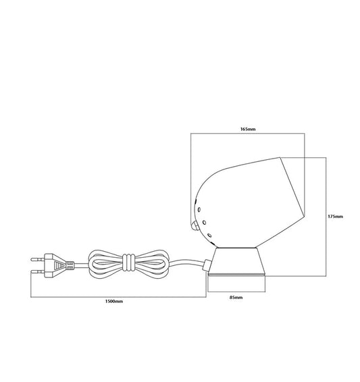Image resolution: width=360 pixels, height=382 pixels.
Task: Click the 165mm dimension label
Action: [248, 129]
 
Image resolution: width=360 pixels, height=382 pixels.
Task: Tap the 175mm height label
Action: [336, 217]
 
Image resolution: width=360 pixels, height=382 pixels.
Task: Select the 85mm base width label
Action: [236, 298]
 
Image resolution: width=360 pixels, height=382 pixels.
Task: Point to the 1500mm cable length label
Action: [114, 302]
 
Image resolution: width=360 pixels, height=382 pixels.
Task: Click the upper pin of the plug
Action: [38, 259]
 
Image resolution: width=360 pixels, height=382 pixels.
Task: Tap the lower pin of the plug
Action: [38, 271]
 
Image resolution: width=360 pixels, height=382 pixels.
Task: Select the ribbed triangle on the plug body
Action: [59, 265]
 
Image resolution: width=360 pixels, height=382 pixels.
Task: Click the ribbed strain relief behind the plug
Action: [70, 265]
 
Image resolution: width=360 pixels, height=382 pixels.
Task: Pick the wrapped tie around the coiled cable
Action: [129, 263]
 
